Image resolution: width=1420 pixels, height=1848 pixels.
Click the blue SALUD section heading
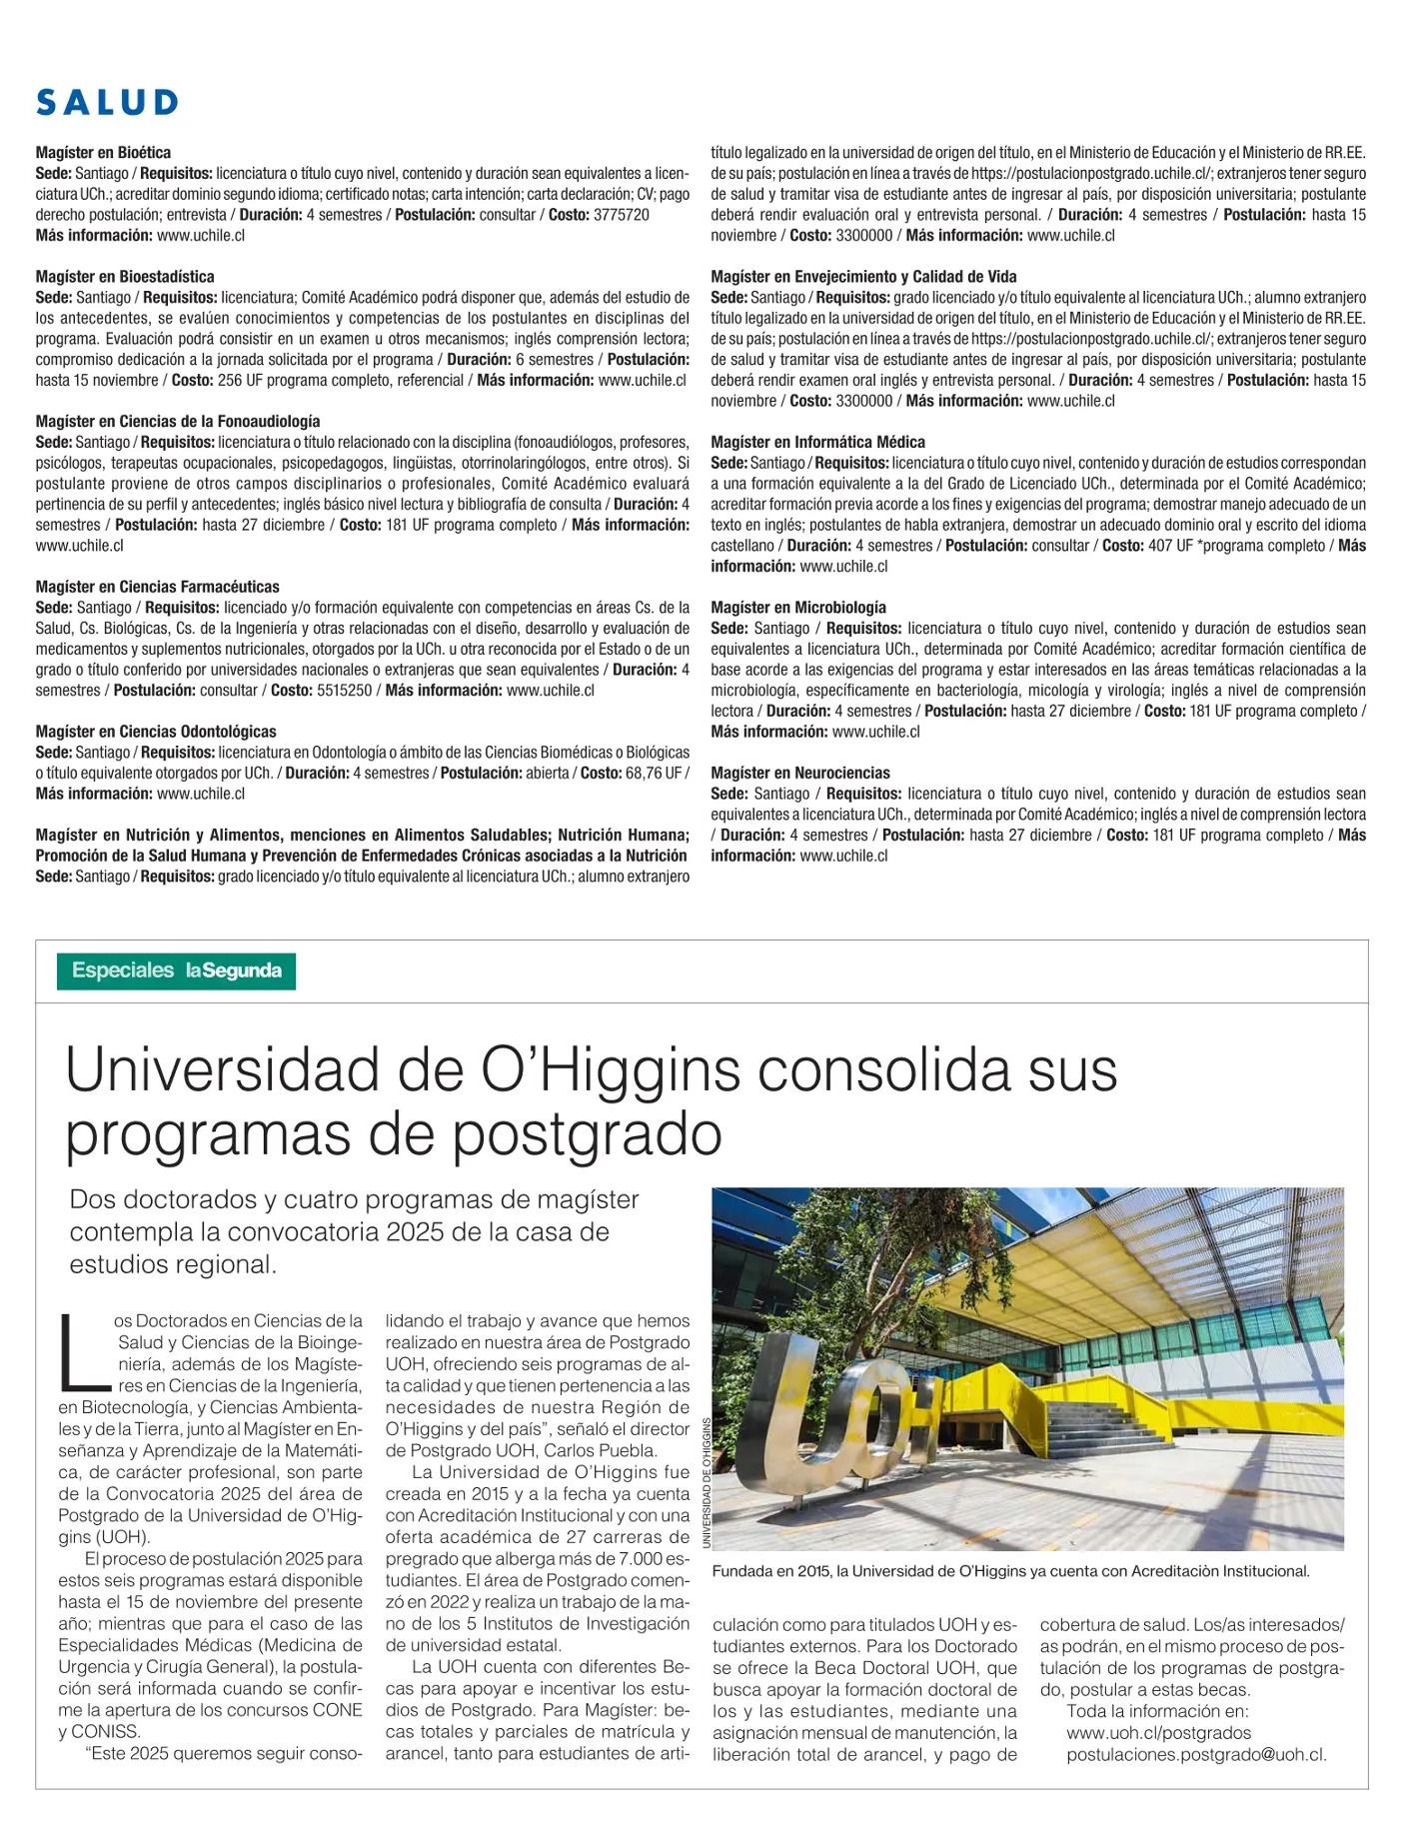tap(107, 102)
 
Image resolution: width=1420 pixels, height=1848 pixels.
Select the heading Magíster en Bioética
tap(103, 153)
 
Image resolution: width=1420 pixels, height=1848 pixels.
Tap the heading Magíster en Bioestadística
tap(125, 277)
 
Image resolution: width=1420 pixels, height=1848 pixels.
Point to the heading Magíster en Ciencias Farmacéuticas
tap(157, 587)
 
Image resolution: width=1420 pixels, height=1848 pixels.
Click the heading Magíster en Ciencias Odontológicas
tap(156, 732)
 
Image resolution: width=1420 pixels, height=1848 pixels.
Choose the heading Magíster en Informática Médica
tap(817, 442)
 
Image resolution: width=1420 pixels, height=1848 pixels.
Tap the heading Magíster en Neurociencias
tap(799, 773)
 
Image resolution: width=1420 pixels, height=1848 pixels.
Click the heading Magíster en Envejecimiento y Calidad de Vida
tap(863, 277)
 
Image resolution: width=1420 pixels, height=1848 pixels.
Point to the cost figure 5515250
tap(345, 691)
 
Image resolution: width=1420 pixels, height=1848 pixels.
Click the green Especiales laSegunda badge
tap(176, 970)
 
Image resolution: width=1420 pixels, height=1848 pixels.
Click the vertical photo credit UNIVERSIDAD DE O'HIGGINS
tap(706, 1483)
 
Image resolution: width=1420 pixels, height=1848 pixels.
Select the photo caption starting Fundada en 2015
tap(1009, 1571)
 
